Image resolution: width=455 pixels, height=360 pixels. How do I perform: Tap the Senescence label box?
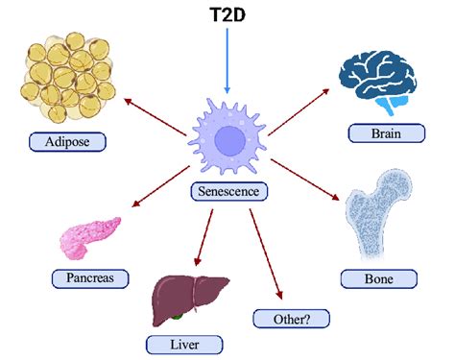pos(227,190)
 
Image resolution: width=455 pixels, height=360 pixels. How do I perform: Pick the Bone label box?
pos(379,278)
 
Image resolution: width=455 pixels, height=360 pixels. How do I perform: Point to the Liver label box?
pos(184,343)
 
